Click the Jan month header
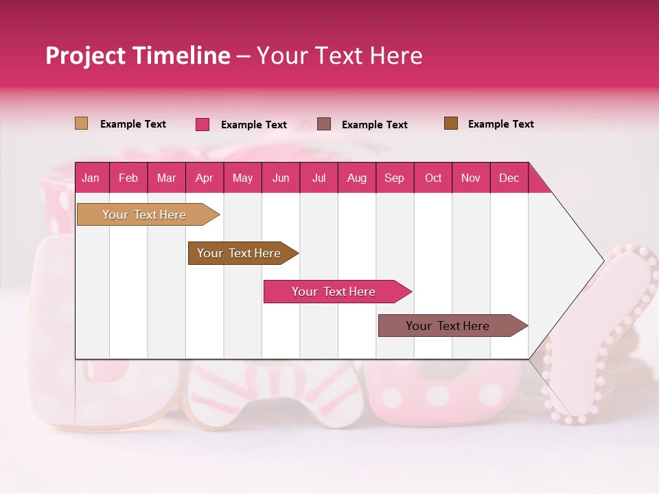[91, 178]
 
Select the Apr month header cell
[205, 178]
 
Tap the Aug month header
[357, 178]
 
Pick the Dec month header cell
[509, 178]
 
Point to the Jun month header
[281, 178]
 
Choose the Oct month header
[433, 178]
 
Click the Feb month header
[128, 178]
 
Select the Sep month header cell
[395, 178]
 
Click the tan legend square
[82, 123]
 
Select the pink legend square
[203, 124]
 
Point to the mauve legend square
[324, 124]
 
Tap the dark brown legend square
[451, 123]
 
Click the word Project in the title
[86, 56]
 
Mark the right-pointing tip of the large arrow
[603, 261]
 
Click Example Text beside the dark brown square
[500, 124]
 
